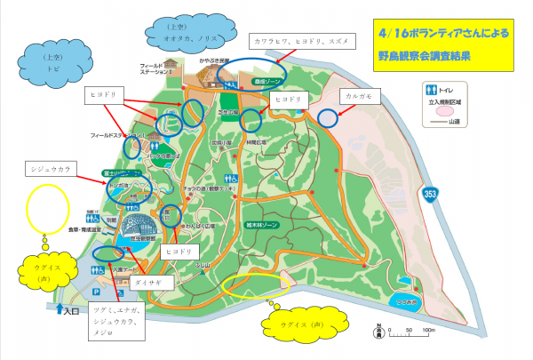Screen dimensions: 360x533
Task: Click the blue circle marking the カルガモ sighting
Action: coord(328,116)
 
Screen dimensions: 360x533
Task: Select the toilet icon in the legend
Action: coord(432,90)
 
